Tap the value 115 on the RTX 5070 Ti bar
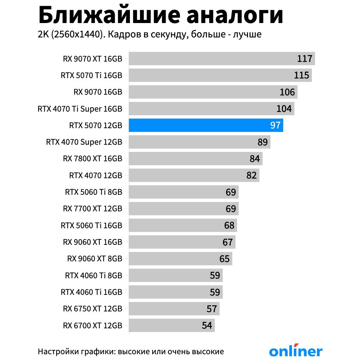[301, 75]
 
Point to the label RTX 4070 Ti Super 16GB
[80, 109]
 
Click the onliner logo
[296, 351]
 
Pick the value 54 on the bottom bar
[207, 326]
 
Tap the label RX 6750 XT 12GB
[93, 309]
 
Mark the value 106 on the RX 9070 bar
[287, 92]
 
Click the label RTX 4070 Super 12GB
[84, 142]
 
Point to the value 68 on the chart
[229, 226]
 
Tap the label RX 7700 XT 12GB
[93, 209]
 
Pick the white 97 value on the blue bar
[275, 126]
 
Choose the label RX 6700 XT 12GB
[93, 326]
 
